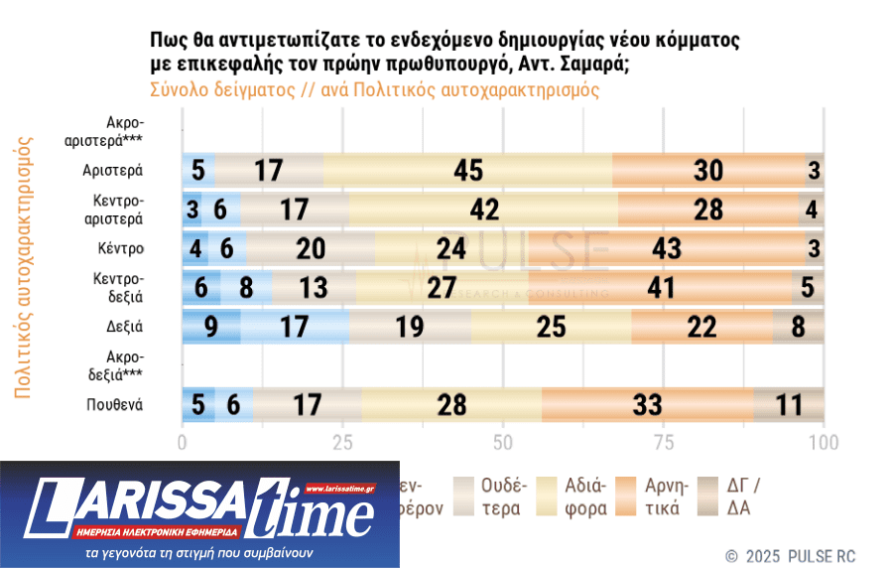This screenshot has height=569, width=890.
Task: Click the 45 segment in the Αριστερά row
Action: [468, 170]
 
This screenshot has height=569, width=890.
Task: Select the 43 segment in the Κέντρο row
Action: [675, 248]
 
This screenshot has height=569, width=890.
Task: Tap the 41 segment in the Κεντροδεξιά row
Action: [660, 287]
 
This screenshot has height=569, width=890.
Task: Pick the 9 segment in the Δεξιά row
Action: [211, 326]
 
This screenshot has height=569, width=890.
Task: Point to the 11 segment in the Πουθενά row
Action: [789, 404]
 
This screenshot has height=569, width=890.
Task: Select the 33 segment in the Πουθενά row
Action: [647, 404]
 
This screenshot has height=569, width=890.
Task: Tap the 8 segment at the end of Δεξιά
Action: [799, 326]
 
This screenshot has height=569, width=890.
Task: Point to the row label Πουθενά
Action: [115, 404]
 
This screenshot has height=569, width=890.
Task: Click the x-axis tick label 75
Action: [663, 442]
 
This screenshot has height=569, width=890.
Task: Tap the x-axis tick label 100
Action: [824, 442]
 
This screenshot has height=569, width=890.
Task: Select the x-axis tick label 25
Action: [343, 442]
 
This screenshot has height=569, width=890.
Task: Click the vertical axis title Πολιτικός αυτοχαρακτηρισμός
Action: [24, 268]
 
